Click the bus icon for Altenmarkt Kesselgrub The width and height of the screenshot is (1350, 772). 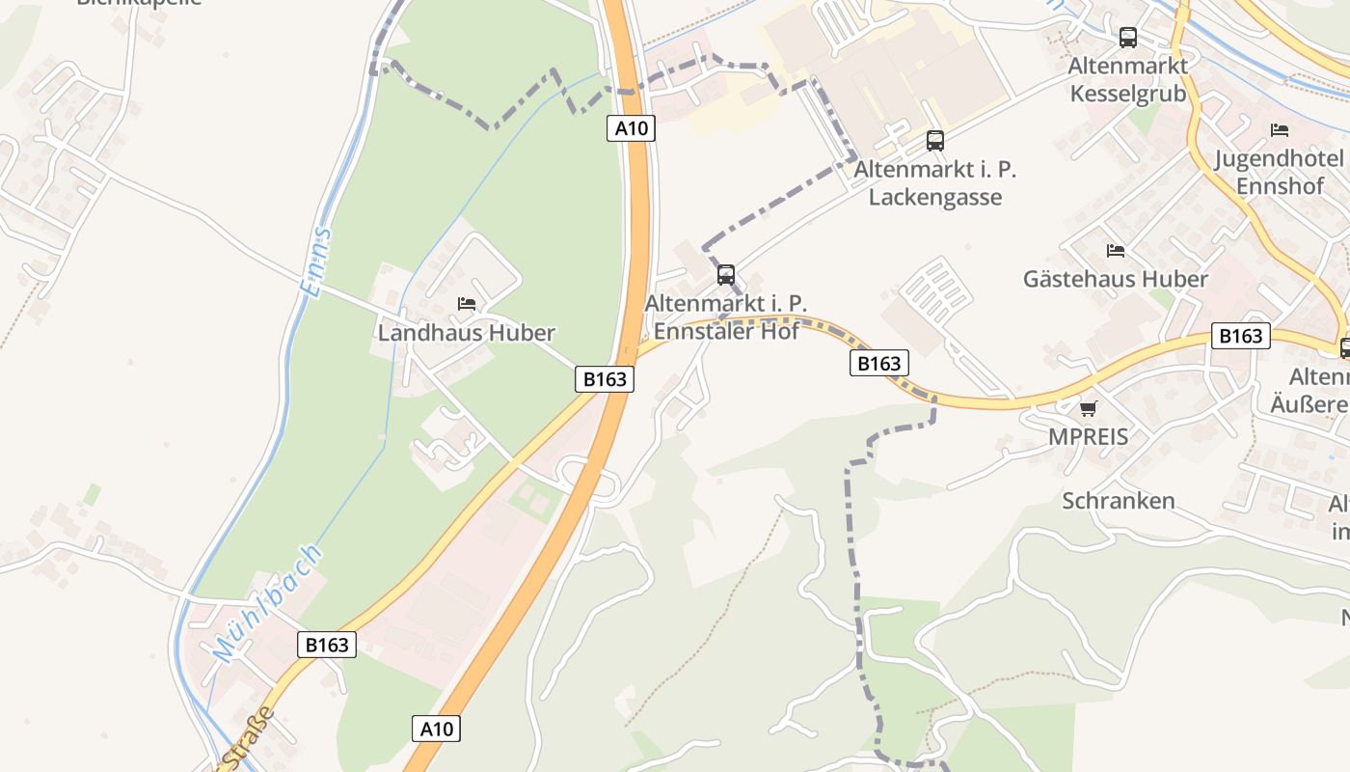coord(1127,38)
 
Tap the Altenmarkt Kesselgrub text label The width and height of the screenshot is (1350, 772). coord(1127,79)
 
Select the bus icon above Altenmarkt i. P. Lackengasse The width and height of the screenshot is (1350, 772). coord(934,141)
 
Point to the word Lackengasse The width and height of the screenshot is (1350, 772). coord(934,197)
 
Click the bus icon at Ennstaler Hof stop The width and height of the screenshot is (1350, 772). coord(726,275)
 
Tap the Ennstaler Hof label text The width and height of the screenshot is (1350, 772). coord(726,331)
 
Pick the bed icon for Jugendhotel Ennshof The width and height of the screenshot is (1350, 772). coord(1279,130)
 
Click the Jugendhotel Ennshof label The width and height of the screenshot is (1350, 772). coord(1279,172)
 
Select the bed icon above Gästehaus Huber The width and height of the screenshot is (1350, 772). coord(1116,251)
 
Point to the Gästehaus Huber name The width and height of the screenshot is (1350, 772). coord(1116,280)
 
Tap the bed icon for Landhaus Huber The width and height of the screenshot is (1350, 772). coord(467,304)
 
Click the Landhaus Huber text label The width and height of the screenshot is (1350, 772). coord(467,333)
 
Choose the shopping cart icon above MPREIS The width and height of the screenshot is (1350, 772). coord(1088,409)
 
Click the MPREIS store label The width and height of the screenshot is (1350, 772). coord(1088,437)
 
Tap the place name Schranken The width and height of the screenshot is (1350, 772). coord(1119,501)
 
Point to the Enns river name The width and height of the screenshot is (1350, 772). coord(315,262)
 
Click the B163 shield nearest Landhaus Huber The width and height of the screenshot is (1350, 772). coord(605,379)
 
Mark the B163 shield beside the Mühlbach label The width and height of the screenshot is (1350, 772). coord(327,645)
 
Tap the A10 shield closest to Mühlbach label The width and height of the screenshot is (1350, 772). coord(436,729)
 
